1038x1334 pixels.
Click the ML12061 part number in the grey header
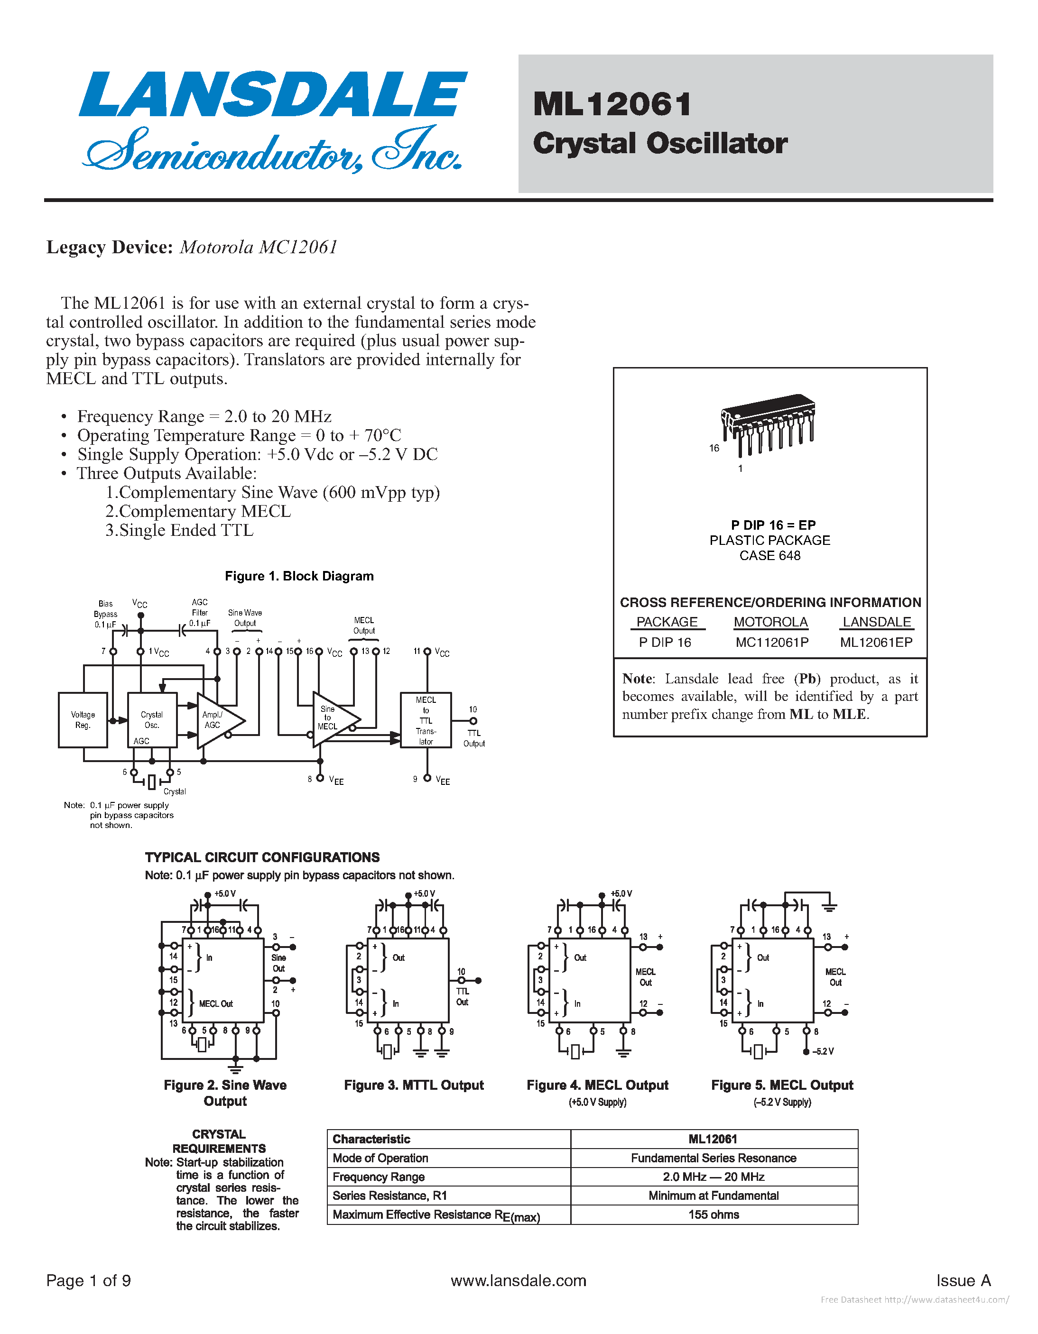point(612,104)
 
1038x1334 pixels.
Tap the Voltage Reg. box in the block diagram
point(83,719)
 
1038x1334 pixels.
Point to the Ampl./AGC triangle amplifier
point(216,720)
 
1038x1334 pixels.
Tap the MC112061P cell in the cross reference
point(772,642)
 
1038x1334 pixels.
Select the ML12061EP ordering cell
point(876,642)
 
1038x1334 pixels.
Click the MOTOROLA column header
point(770,622)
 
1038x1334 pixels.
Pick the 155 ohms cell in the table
point(714,1214)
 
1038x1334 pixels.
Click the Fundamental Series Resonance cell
point(714,1158)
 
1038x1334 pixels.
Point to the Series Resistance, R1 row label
point(390,1196)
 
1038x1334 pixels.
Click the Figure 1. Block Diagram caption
point(299,576)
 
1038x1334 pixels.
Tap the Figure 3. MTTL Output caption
point(414,1085)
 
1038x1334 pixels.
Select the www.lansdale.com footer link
point(518,1280)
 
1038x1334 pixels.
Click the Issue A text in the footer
point(964,1280)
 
